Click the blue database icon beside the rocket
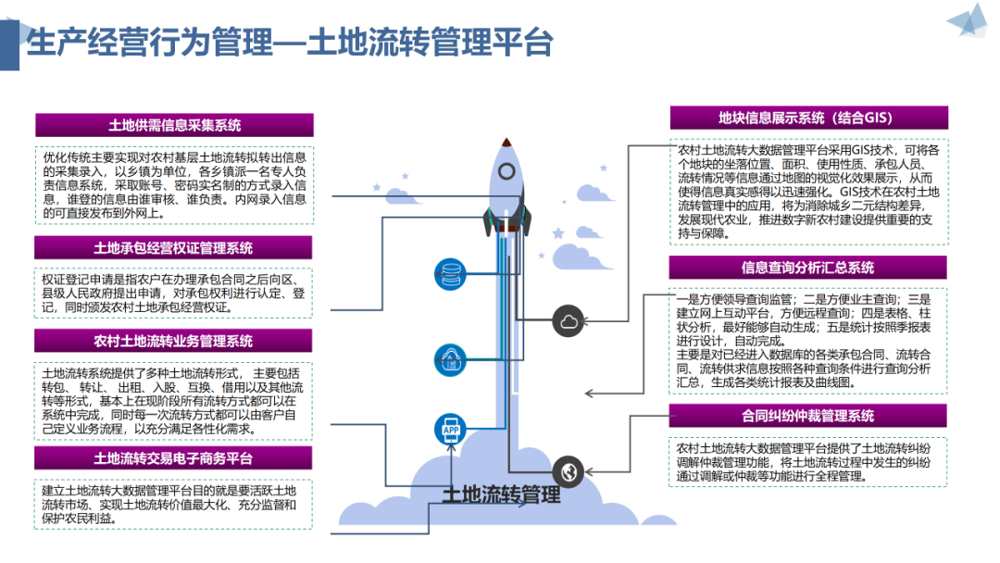pos(452,273)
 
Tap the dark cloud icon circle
pos(568,321)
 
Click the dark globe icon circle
pos(568,471)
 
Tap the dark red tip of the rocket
pos(507,144)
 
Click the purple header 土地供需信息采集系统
pos(174,125)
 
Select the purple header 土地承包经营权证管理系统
pos(174,248)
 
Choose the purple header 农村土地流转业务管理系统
pos(174,341)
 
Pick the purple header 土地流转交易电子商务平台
pos(174,457)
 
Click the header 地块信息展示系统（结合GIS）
pos(807,118)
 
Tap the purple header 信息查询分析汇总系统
pos(807,268)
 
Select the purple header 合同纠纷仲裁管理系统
pos(807,416)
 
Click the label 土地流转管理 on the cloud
pos(501,495)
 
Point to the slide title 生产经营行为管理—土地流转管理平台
pos(289,42)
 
